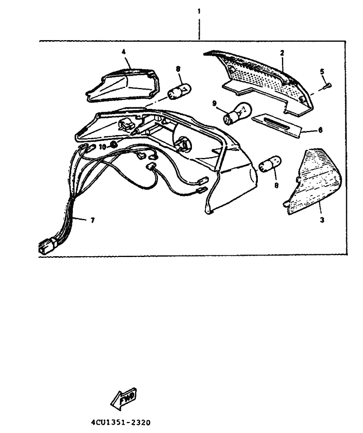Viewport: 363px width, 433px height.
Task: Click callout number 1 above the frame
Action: click(x=199, y=11)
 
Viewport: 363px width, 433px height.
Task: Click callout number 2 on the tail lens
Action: click(x=282, y=53)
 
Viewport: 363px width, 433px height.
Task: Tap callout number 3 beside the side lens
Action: click(x=322, y=220)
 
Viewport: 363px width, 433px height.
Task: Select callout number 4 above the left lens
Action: click(x=124, y=52)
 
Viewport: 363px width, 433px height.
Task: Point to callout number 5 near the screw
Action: click(x=322, y=72)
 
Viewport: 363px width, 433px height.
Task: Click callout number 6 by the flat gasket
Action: click(x=320, y=130)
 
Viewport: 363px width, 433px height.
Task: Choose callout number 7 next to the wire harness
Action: click(x=92, y=220)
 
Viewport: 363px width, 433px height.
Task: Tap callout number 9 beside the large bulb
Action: click(x=214, y=104)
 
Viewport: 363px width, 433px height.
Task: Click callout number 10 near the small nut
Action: click(x=102, y=147)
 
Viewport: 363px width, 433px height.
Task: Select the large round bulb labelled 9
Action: click(x=237, y=113)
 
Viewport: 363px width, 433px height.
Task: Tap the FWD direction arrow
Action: click(x=124, y=399)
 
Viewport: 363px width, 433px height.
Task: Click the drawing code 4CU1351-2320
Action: click(x=121, y=422)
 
